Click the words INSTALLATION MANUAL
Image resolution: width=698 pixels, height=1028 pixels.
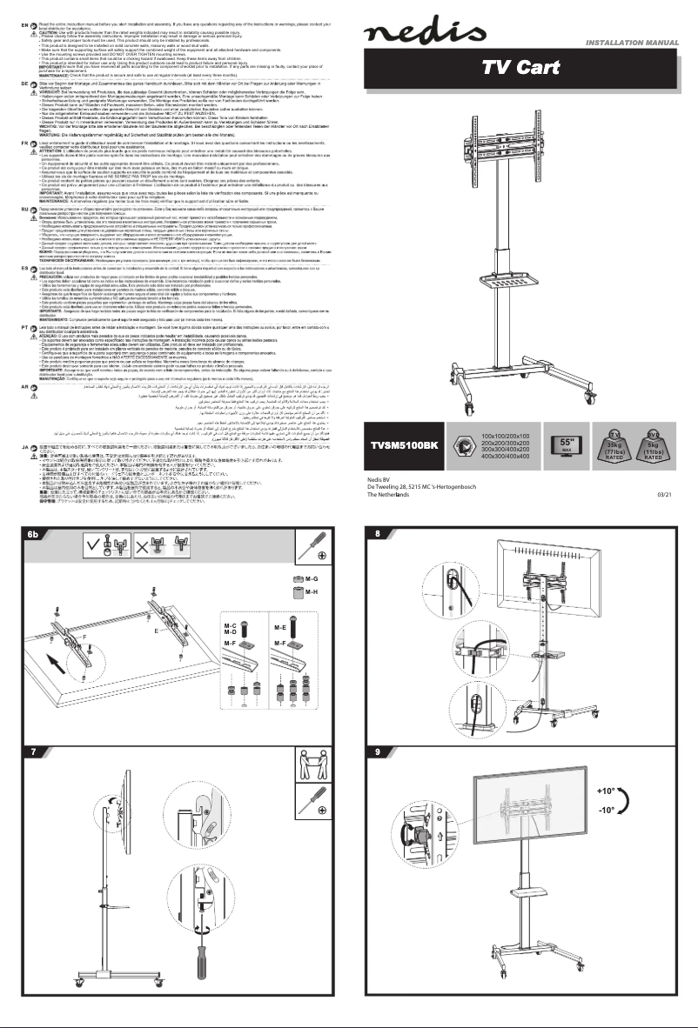pos(637,42)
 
